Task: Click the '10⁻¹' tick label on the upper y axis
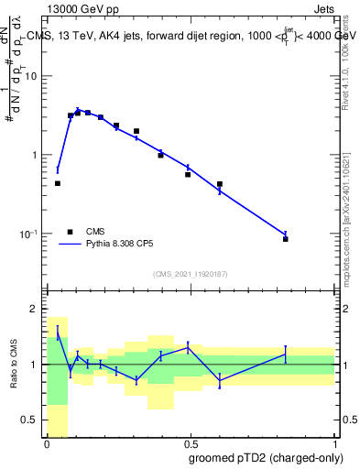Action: point(29,234)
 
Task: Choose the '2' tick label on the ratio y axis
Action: point(35,309)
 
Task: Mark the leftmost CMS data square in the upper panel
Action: point(58,183)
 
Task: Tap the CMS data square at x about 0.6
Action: point(220,184)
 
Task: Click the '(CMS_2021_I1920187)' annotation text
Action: point(190,273)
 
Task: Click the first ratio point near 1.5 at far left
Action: point(58,333)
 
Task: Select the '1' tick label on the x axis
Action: point(334,444)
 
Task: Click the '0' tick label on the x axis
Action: point(47,444)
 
